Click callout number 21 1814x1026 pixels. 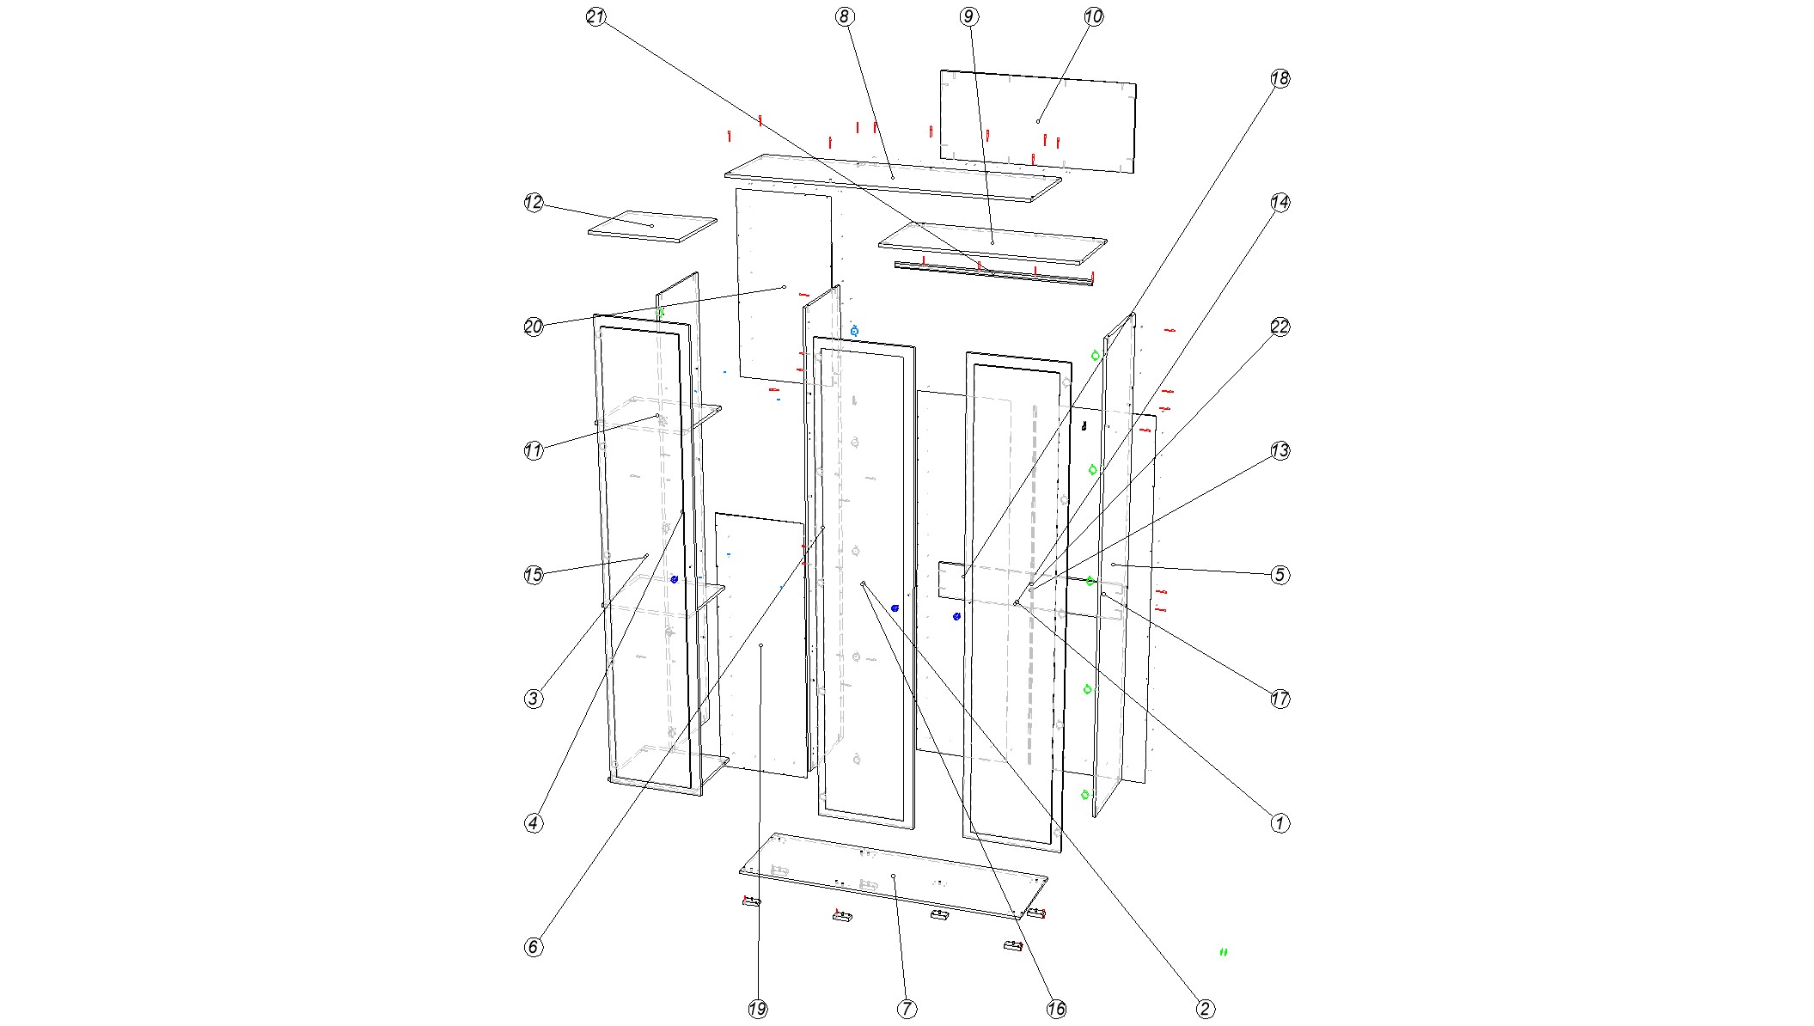point(596,17)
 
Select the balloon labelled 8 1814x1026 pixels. point(845,17)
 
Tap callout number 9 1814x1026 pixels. point(969,17)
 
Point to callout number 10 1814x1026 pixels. point(1093,17)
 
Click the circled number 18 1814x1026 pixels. point(1280,79)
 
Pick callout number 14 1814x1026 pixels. point(1280,203)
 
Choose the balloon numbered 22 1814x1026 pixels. point(1280,327)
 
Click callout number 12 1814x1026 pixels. point(534,203)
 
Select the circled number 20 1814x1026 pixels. point(534,327)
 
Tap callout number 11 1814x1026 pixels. point(534,451)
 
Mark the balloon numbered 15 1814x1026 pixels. point(534,575)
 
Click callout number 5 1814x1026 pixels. point(1280,575)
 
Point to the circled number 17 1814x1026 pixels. point(1280,699)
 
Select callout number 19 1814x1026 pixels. point(757,1010)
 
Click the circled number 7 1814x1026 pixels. point(907,1010)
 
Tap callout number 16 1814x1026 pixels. point(1056,1010)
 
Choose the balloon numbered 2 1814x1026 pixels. point(1205,1010)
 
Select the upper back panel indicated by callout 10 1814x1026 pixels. point(1038,121)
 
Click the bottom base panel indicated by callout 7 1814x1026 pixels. point(894,876)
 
